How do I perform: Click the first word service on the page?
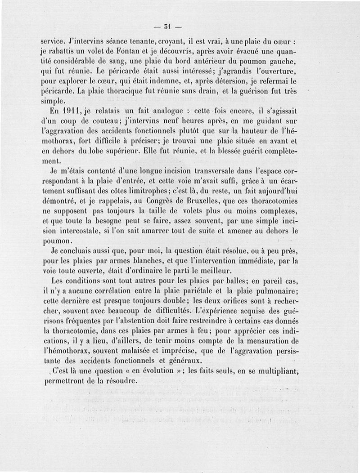[x=53, y=41]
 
